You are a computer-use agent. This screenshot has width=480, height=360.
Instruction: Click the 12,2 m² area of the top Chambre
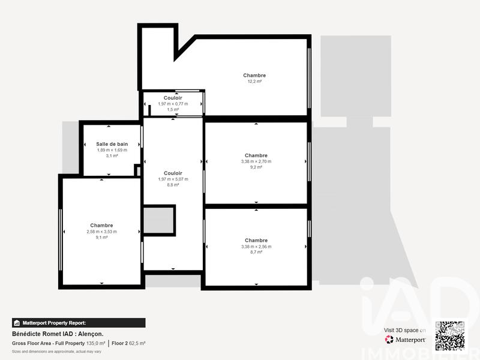254,82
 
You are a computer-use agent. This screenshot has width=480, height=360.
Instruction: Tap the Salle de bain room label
112,144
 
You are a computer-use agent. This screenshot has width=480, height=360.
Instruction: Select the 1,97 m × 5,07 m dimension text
173,179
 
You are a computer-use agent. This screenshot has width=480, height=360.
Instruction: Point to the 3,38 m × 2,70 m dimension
256,161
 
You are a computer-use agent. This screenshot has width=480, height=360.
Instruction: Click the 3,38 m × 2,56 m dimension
256,246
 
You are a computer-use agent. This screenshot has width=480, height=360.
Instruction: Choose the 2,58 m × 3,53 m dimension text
101,232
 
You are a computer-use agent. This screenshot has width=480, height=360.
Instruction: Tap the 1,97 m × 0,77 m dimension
173,104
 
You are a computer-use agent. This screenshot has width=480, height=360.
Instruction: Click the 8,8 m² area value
173,185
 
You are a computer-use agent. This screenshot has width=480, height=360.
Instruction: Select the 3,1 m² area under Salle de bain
112,156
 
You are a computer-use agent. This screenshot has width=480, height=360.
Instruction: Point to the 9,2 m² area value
256,167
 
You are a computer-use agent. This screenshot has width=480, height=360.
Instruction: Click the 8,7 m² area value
256,252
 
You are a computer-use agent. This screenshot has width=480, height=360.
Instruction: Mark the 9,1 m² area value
101,238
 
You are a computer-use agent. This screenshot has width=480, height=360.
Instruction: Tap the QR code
449,335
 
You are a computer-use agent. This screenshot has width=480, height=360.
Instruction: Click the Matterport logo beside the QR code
406,340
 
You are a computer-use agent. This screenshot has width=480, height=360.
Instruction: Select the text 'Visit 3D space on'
405,330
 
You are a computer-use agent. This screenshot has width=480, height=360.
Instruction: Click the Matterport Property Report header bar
79,322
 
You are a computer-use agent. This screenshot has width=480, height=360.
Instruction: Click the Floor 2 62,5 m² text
128,343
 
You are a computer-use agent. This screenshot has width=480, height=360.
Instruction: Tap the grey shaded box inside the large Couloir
158,221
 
